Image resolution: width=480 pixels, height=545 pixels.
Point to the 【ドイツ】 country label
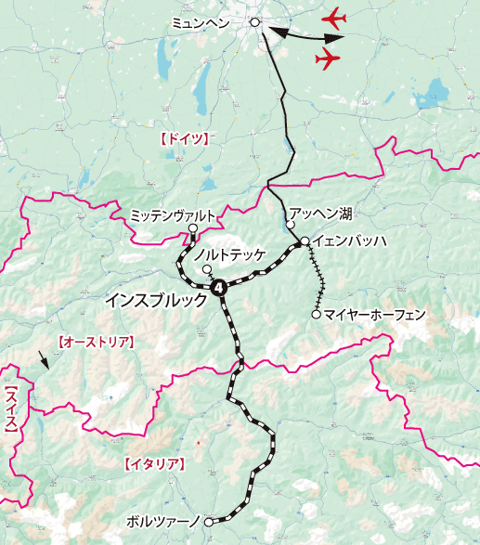pyautogui.click(x=182, y=138)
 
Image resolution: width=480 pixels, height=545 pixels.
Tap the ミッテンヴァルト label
pyautogui.click(x=174, y=214)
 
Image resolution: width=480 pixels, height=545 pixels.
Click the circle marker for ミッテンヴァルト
pyautogui.click(x=192, y=228)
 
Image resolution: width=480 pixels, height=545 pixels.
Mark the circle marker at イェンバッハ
pyautogui.click(x=305, y=242)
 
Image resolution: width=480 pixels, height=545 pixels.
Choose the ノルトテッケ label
pyautogui.click(x=229, y=253)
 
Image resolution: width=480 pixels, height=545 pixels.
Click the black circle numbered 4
pyautogui.click(x=219, y=288)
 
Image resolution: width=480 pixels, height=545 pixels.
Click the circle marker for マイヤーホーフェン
pyautogui.click(x=317, y=315)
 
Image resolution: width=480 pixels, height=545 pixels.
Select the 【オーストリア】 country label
pyautogui.click(x=96, y=342)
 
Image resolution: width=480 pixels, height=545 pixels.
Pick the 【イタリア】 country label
pyautogui.click(x=155, y=462)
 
